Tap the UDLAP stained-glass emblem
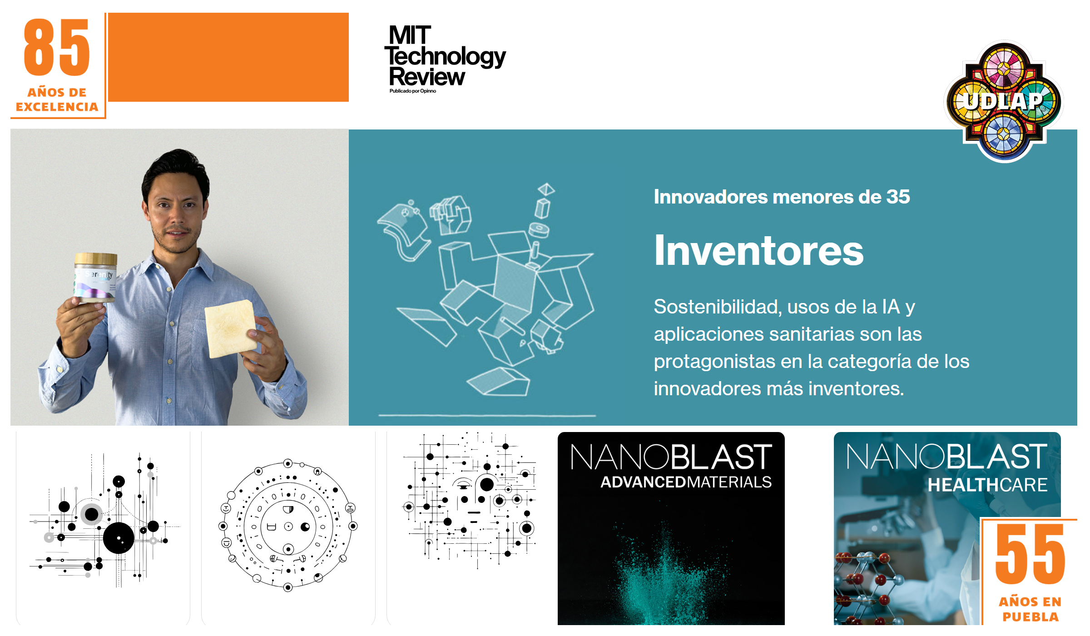(1004, 101)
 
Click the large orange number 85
(57, 47)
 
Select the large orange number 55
(1030, 554)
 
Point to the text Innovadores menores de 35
(782, 197)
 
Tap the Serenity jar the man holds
(95, 278)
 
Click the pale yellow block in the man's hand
(231, 328)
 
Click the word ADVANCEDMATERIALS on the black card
(686, 482)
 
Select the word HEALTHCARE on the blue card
(987, 485)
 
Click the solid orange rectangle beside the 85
(228, 57)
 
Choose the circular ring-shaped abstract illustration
(288, 525)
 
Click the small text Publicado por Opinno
(413, 91)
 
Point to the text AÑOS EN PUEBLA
(1030, 609)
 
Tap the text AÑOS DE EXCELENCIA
(57, 99)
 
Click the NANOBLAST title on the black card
(671, 457)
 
